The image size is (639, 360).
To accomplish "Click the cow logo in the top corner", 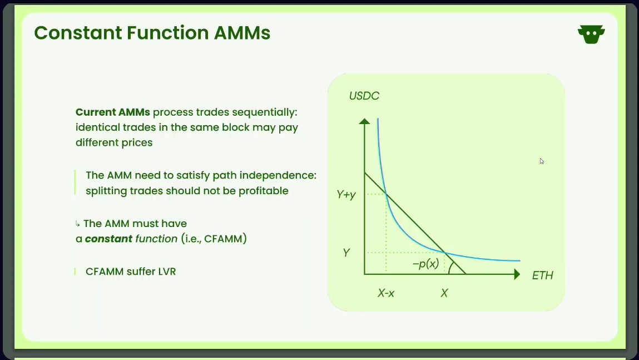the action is click(x=591, y=34).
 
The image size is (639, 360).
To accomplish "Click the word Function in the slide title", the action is click(x=167, y=33).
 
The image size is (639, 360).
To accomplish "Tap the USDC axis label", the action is click(x=364, y=96).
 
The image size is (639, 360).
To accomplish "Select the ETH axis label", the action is click(x=542, y=275).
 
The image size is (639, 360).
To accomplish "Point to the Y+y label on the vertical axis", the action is click(x=346, y=195).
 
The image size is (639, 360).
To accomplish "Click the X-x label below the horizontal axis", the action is click(x=386, y=293).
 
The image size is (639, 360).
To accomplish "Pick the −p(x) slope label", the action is click(x=425, y=264).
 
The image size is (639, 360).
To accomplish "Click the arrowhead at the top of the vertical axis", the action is click(x=364, y=121).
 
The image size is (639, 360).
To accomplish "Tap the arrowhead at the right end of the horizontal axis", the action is click(x=517, y=274).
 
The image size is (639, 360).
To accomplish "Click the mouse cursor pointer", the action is click(x=542, y=161).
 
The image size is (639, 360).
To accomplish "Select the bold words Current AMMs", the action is click(x=112, y=112).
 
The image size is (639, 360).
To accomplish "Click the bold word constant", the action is click(x=108, y=239).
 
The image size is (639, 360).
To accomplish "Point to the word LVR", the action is click(x=167, y=272).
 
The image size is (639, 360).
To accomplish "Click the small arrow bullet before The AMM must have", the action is click(x=77, y=224).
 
